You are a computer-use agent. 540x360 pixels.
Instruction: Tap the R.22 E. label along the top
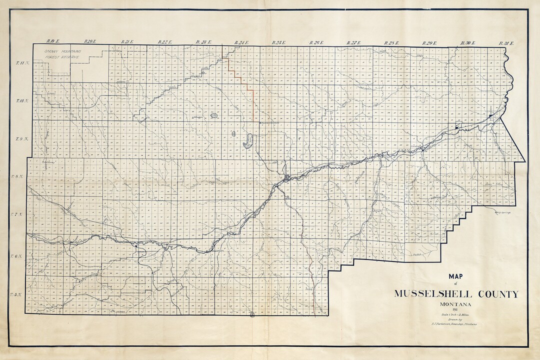164,42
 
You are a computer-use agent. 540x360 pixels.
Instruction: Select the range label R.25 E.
278,42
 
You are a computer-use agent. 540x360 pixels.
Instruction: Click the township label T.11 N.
23,63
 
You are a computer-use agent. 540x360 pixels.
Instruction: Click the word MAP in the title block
455,276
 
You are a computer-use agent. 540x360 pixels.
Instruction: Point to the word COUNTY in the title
494,294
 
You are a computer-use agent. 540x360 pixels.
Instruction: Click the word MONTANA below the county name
455,304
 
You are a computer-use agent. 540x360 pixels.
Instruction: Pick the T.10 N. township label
22,101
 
